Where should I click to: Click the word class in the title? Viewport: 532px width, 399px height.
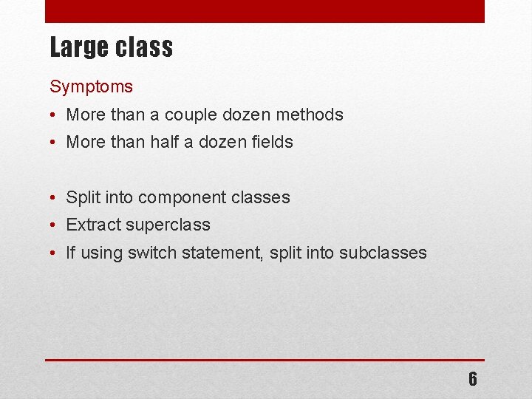click(143, 48)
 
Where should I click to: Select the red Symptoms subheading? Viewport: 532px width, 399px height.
click(91, 86)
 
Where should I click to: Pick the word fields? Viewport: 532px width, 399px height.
click(270, 142)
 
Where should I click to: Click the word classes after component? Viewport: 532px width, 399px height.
click(260, 197)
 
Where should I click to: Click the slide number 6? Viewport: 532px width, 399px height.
click(472, 379)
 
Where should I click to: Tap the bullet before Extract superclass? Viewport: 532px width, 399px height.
click(55, 225)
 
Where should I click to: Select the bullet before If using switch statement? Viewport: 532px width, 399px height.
click(55, 253)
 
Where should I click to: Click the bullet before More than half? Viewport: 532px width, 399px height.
click(55, 143)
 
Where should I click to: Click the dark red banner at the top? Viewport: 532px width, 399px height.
click(265, 11)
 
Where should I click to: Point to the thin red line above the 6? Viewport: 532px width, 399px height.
click(265, 360)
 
